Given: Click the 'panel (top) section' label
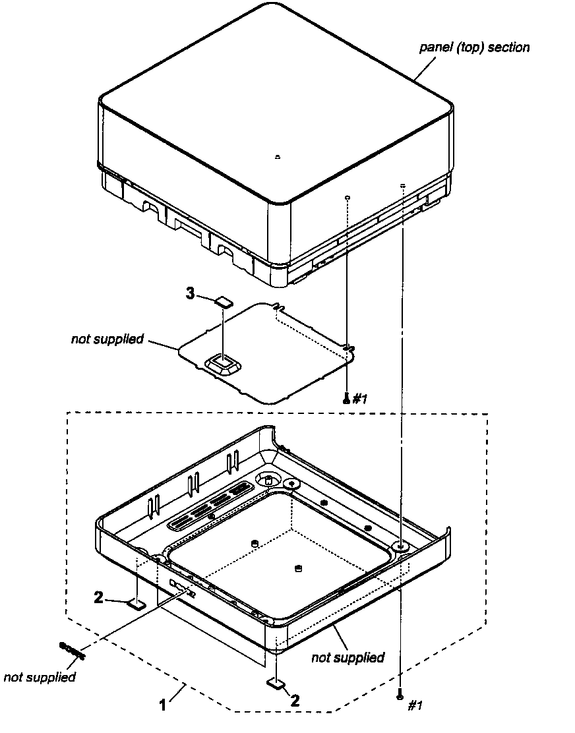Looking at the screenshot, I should coord(474,47).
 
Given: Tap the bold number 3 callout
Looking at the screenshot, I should coord(190,294).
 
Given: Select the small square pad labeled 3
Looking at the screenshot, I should coord(224,302).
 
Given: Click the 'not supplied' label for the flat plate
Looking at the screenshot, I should coord(107,339).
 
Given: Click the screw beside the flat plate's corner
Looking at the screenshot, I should coord(346,397).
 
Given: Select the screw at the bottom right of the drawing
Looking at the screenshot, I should coord(400,695).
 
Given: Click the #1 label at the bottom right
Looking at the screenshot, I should coord(415,705).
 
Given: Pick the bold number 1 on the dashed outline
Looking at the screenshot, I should coord(162,705).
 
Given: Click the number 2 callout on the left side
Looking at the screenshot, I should coord(98,598).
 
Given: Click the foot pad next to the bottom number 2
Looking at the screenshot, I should coord(276,684).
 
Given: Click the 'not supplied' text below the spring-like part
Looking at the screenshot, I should coord(40,677).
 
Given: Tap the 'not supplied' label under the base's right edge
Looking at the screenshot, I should coord(348,657).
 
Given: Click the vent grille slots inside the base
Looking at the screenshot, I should coord(206,508).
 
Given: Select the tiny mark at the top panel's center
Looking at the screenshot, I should coord(278,157).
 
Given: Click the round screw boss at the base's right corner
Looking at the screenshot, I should coord(401,546).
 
